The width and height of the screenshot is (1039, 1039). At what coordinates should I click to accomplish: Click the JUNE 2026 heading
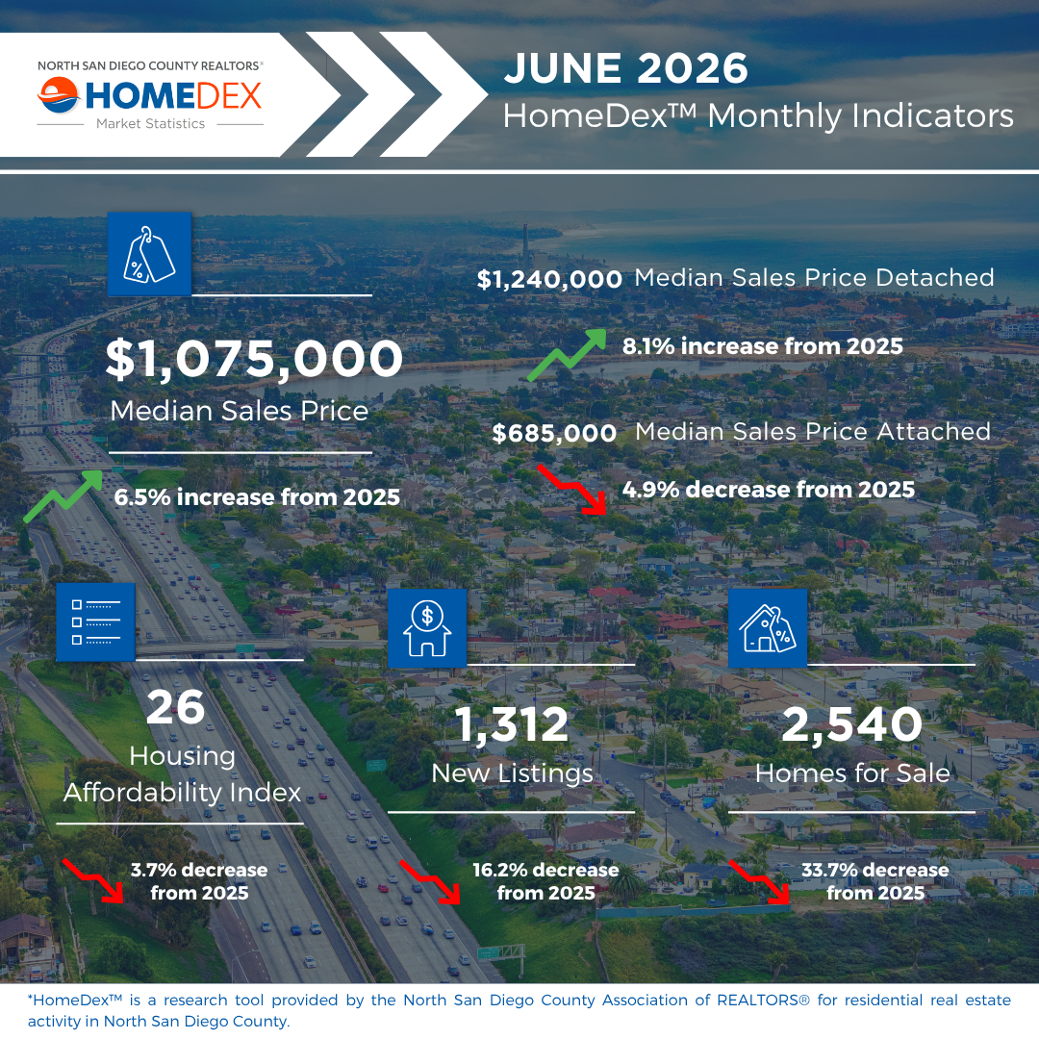tap(625, 68)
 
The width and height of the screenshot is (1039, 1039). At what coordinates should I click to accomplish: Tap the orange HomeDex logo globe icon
tap(59, 94)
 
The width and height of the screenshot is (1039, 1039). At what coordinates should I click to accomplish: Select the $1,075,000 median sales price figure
tap(254, 359)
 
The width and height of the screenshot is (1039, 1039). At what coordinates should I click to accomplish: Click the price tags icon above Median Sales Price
tap(150, 254)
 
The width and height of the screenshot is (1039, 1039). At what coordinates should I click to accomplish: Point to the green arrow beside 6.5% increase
tap(63, 495)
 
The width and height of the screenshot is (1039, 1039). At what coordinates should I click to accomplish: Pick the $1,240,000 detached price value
tap(549, 279)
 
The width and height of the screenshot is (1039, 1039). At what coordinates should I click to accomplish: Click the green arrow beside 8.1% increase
tap(567, 355)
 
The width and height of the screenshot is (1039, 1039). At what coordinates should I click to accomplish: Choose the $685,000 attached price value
tap(554, 433)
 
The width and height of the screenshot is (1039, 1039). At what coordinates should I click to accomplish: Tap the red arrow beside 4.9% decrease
tap(572, 489)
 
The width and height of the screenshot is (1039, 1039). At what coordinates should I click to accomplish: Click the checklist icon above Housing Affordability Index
tap(96, 622)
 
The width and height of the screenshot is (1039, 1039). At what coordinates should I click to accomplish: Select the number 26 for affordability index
tap(176, 707)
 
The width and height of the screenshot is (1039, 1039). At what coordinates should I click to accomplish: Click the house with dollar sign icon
tap(427, 628)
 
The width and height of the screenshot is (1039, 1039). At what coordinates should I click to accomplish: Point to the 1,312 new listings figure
tap(512, 724)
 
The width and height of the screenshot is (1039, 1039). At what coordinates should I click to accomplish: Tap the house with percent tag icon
tap(768, 628)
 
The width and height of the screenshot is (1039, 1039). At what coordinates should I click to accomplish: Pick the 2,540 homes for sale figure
tap(852, 724)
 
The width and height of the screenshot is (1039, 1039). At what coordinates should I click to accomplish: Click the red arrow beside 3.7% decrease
tap(93, 880)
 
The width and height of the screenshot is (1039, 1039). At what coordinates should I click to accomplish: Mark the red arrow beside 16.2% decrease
tap(430, 882)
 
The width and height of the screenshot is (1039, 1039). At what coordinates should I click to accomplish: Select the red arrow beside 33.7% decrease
tap(759, 882)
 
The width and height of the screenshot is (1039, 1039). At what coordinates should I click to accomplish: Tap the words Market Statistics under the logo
tap(150, 124)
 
